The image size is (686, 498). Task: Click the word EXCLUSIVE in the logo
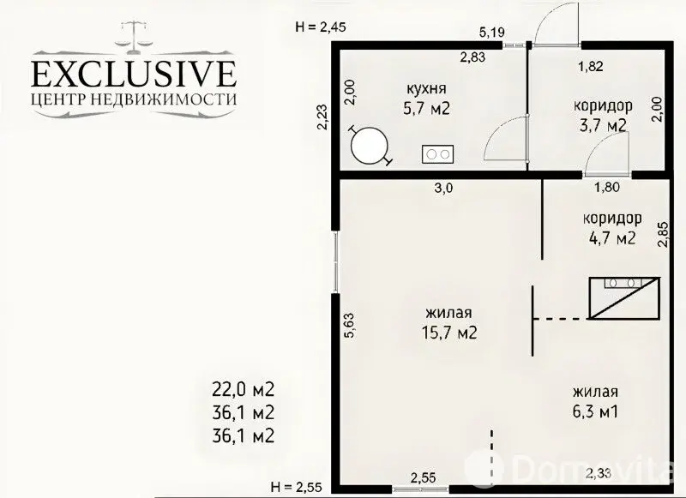(x=134, y=74)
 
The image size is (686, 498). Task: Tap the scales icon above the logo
(x=134, y=33)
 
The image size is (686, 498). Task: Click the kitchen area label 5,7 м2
(x=426, y=108)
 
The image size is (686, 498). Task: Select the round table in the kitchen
(x=370, y=146)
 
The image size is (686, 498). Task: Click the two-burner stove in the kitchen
(x=437, y=154)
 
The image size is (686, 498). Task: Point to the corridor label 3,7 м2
(x=604, y=125)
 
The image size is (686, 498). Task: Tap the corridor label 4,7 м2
(x=612, y=238)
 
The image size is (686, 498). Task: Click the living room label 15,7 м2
(x=449, y=333)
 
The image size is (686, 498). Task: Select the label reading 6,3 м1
(x=595, y=412)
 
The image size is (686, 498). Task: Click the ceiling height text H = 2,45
(x=321, y=27)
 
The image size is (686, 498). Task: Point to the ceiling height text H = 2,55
(x=297, y=486)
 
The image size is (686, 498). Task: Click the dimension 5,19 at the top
(x=492, y=32)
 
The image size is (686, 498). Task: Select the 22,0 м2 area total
(x=243, y=388)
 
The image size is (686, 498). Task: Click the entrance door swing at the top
(x=556, y=23)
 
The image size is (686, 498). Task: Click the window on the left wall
(x=335, y=261)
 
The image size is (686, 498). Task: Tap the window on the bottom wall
(x=420, y=488)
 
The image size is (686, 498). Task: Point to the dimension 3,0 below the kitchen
(x=443, y=189)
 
